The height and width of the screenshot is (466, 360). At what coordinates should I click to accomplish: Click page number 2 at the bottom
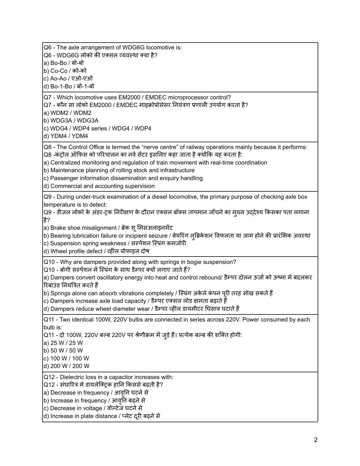316,440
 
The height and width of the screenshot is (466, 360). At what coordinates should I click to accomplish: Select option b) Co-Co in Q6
65,71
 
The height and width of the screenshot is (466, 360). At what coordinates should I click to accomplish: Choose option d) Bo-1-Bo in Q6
69,86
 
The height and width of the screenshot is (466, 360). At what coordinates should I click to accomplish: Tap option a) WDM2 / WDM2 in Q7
67,113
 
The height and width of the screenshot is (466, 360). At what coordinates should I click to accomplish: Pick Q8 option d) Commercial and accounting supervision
99,186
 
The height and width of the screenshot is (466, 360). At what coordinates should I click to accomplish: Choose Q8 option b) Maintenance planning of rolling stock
119,170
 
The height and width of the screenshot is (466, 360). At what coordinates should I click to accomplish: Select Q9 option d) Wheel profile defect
96,251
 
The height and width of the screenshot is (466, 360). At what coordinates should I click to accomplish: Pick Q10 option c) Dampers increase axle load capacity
135,301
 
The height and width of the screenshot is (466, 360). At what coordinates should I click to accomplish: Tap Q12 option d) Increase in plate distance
102,416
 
